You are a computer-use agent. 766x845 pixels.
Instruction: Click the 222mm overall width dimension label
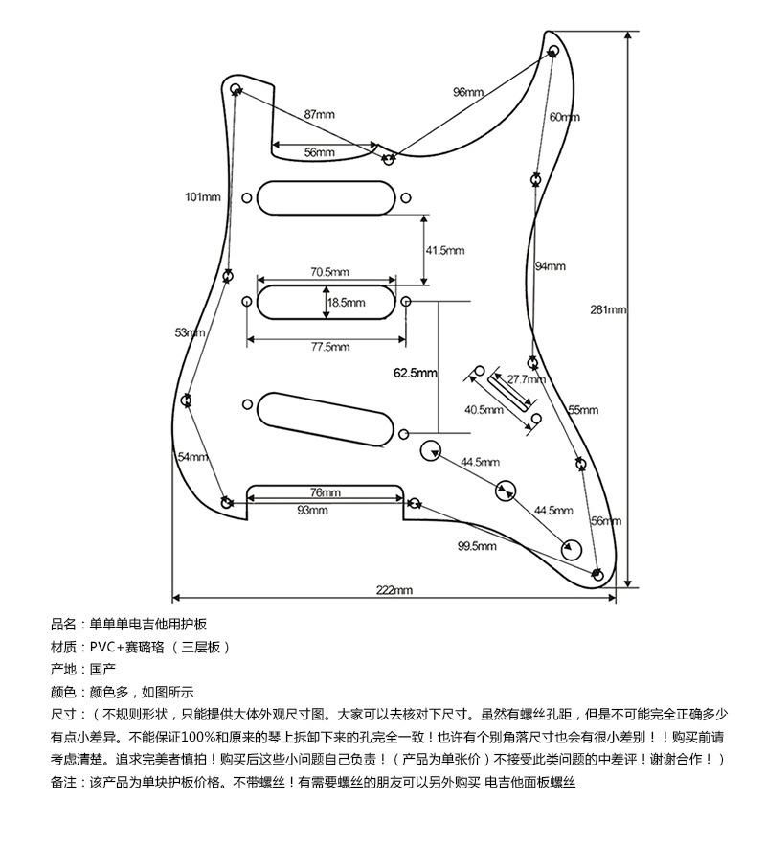(394, 590)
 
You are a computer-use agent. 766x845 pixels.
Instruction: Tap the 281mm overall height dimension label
(608, 309)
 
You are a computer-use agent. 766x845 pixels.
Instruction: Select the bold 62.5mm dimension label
(415, 373)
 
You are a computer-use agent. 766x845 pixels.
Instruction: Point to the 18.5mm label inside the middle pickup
(347, 303)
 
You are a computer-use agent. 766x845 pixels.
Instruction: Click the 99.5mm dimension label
(477, 546)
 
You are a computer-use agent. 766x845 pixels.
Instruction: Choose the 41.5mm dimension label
(444, 250)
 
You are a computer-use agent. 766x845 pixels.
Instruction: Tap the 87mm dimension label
(320, 114)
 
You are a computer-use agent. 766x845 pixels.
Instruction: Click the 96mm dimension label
(468, 92)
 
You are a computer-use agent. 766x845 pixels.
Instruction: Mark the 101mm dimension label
(203, 197)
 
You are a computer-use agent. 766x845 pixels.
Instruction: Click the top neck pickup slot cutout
(327, 197)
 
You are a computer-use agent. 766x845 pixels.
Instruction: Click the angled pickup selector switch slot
(506, 389)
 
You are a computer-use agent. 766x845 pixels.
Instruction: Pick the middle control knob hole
(505, 491)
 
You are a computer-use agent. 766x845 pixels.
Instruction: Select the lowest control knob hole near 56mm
(572, 548)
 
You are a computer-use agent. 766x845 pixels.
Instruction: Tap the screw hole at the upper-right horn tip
(553, 51)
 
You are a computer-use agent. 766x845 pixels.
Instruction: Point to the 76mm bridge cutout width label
(325, 492)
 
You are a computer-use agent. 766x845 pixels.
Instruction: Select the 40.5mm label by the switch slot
(484, 410)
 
